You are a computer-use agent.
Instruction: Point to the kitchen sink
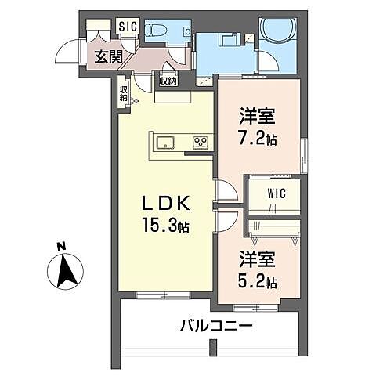(166, 142)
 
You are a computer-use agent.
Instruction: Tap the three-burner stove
(201, 142)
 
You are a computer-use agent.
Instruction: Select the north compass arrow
(67, 270)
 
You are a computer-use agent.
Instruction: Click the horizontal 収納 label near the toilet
(168, 81)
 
